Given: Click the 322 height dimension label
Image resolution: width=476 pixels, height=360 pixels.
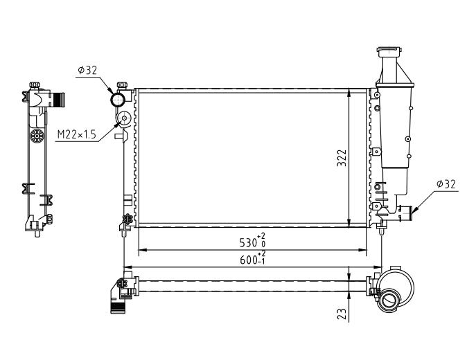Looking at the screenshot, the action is (342, 158).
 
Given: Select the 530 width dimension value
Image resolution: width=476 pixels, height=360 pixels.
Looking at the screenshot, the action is (248, 242).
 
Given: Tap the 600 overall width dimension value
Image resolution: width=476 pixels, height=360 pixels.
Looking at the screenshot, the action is (248, 260).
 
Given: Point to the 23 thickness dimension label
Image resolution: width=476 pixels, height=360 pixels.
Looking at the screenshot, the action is (342, 314).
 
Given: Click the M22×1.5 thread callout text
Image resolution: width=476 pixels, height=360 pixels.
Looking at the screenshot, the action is (76, 134).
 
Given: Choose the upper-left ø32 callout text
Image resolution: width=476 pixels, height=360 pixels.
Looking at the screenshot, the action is (87, 71).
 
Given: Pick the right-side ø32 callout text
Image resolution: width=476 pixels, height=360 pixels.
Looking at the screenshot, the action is (446, 184).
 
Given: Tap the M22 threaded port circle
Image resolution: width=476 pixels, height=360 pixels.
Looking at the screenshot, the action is (124, 118).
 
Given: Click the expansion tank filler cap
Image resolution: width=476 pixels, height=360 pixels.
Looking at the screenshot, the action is (389, 51).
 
